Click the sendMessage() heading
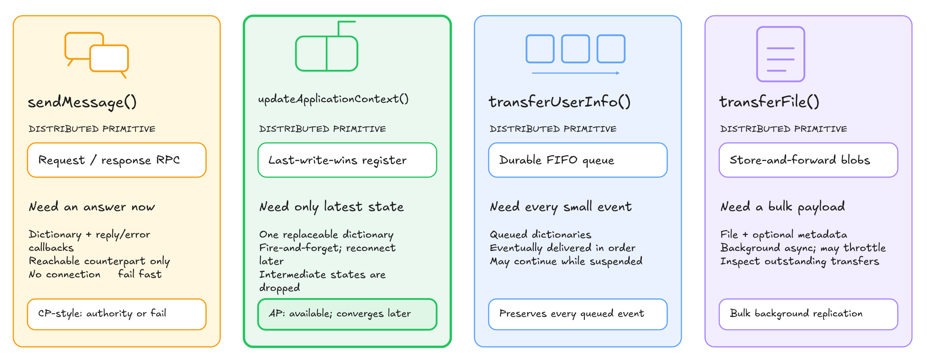point(82,102)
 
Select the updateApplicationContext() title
point(333,99)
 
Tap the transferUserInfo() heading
point(559,102)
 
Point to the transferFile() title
point(769,102)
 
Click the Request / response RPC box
point(117,160)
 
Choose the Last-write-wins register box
point(347,160)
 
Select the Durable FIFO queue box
point(578,160)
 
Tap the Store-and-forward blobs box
point(808,160)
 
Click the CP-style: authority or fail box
point(117,314)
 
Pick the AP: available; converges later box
point(347,314)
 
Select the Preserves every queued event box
point(578,314)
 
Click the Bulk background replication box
point(808,314)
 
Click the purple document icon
point(780,54)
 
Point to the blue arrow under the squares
point(576,73)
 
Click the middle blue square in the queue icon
point(575,49)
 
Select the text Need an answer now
point(92,207)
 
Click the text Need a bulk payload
point(783,207)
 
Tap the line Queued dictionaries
point(540,235)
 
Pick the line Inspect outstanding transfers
point(799,261)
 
